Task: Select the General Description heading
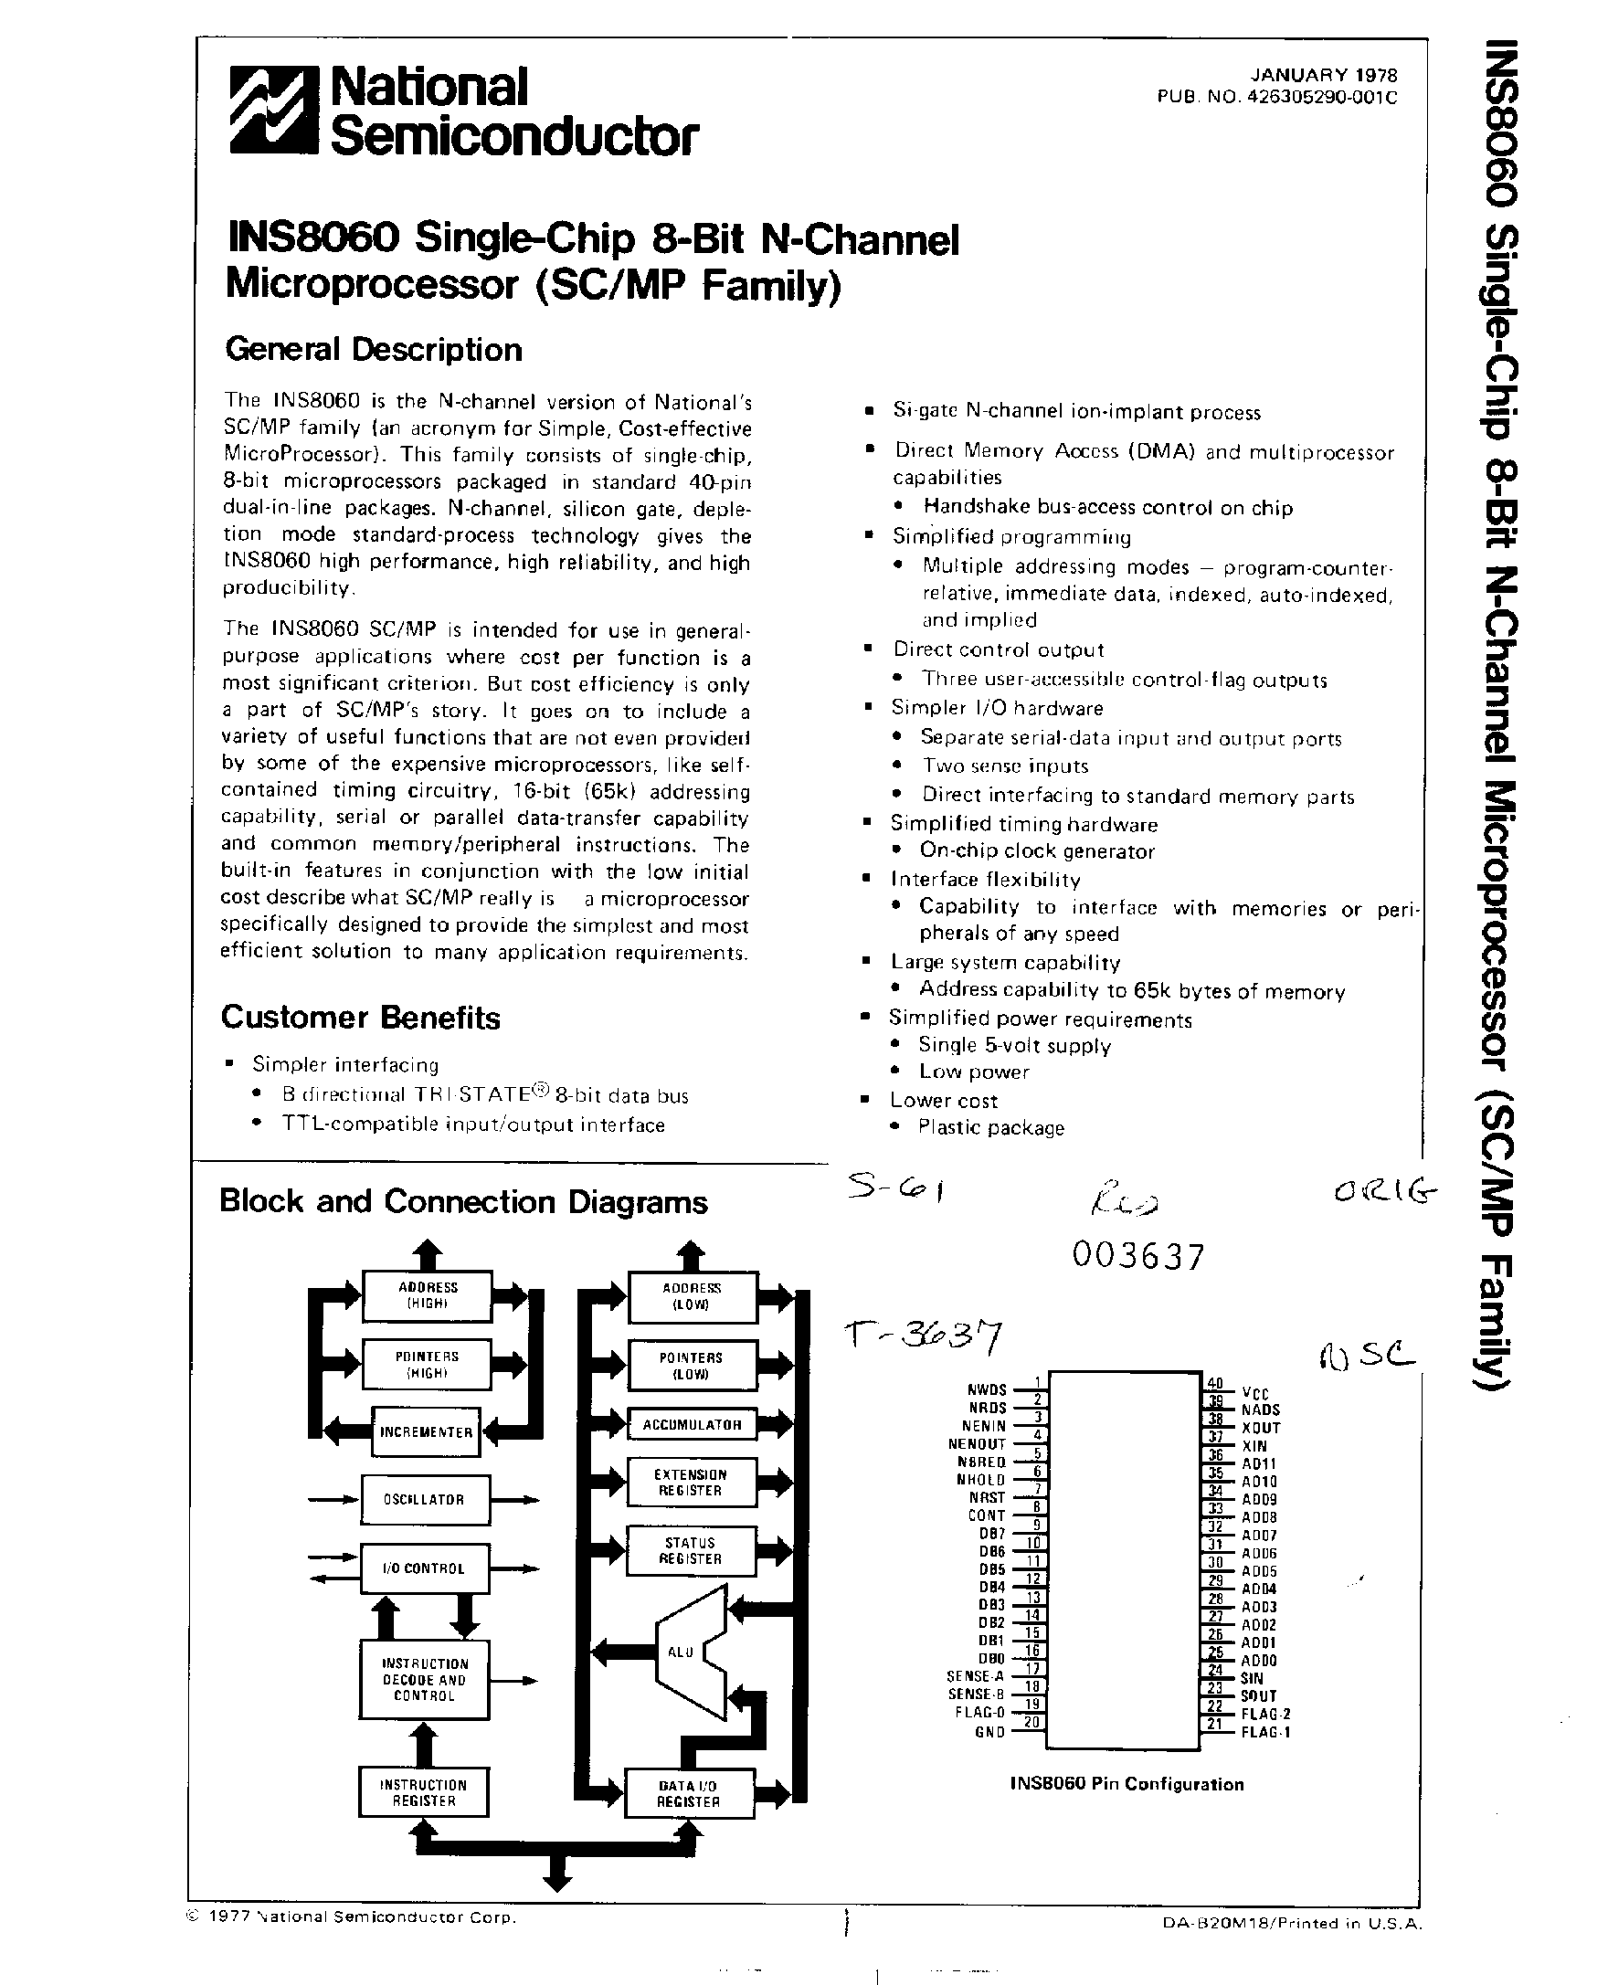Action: pos(374,350)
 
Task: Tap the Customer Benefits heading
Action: pos(360,1017)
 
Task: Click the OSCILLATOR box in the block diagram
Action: pos(425,1500)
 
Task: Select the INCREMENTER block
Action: pos(426,1432)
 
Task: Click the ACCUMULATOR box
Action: pos(692,1425)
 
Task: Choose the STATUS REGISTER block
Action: pos(691,1550)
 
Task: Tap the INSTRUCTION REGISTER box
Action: pos(423,1792)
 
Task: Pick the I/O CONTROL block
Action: pos(424,1568)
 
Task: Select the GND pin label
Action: pos(989,1732)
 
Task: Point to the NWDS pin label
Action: pos(987,1390)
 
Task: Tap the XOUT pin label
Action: pos(1261,1429)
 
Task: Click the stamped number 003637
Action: pos(1138,1257)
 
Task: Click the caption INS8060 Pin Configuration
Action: pos(1127,1784)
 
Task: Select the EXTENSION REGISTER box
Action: pos(691,1482)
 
